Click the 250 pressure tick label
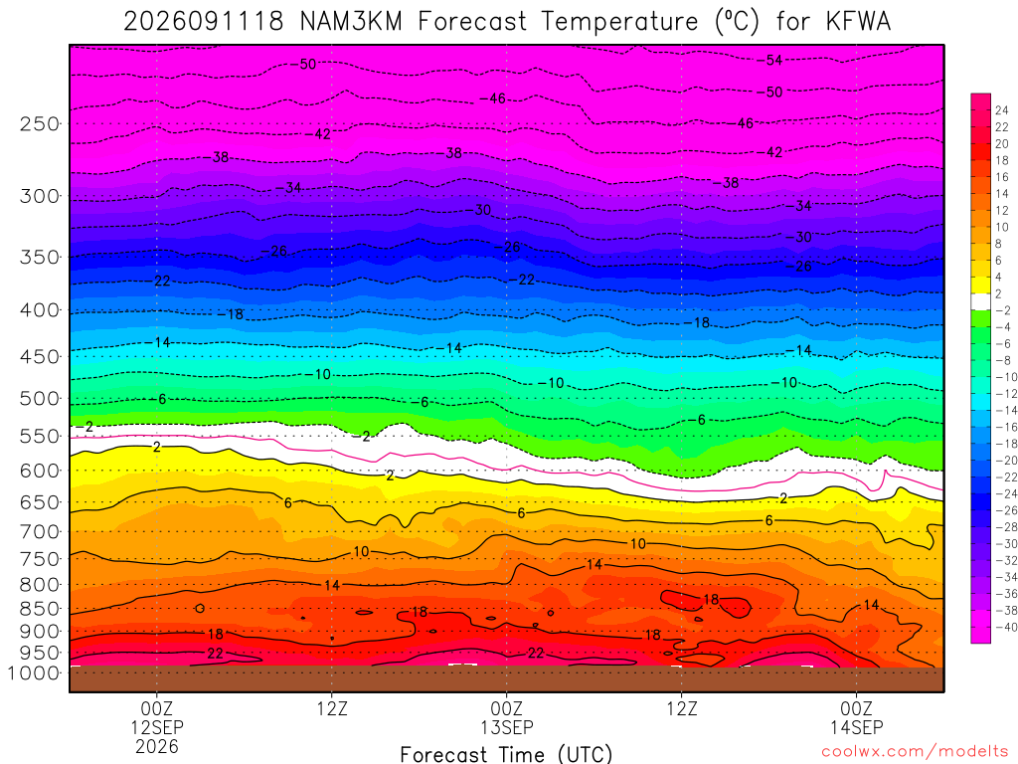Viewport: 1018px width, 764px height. pos(39,123)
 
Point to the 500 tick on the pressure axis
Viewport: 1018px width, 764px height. pos(39,398)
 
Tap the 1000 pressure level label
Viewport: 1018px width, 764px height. pos(33,673)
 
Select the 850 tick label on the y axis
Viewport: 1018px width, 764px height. pos(39,609)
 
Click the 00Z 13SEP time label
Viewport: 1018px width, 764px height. pos(506,717)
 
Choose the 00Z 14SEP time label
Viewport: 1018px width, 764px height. pos(856,717)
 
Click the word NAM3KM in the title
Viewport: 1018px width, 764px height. pos(351,22)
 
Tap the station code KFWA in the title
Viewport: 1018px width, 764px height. pos(858,22)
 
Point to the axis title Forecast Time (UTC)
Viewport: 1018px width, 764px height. pos(506,754)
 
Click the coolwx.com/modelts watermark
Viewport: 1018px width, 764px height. pos(915,752)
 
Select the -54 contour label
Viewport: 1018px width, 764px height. pos(770,61)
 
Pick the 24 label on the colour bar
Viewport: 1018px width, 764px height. pos(1002,110)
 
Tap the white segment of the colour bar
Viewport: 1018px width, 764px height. pos(980,301)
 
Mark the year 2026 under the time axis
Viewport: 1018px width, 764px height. pos(157,746)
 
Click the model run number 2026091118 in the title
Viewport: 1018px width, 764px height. pos(204,22)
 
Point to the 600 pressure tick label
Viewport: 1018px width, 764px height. pos(39,471)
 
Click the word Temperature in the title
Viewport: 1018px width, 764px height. pos(619,22)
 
